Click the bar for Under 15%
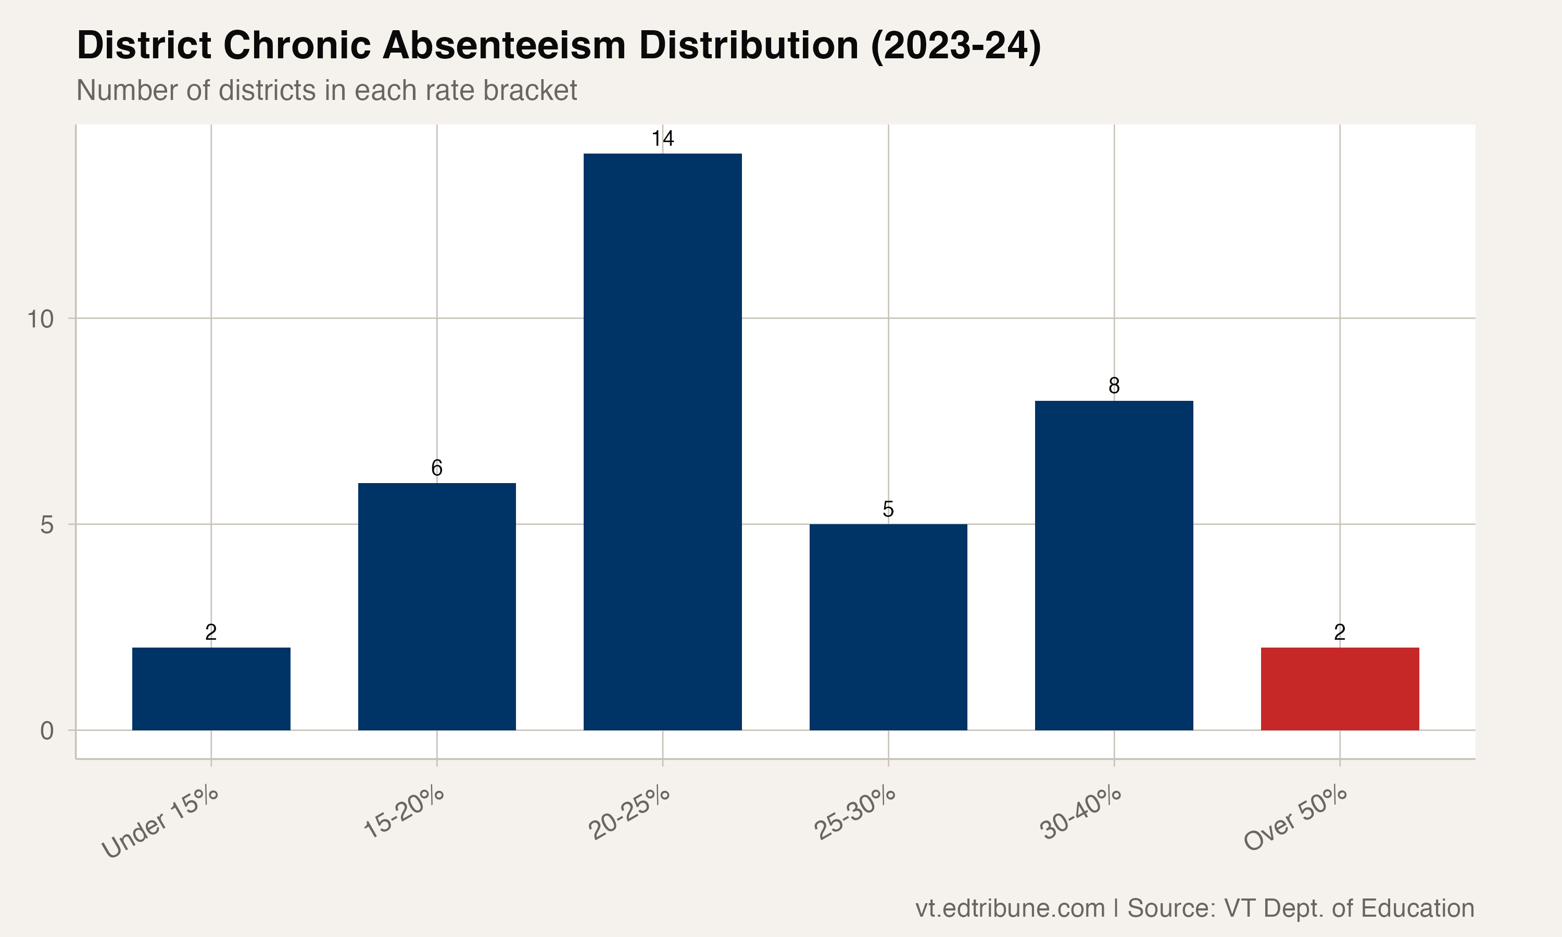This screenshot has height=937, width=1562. (211, 688)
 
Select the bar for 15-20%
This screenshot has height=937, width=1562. (436, 606)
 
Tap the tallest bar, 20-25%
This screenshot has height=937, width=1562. (662, 442)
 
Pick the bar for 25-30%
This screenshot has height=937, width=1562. (888, 627)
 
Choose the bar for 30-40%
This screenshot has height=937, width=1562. (1114, 565)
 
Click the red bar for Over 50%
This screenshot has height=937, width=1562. (1340, 688)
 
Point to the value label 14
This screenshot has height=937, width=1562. (662, 138)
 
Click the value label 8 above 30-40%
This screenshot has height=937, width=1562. (1114, 385)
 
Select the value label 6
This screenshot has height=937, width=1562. (436, 468)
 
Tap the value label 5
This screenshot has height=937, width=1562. (888, 509)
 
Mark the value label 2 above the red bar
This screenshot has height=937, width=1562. (1340, 632)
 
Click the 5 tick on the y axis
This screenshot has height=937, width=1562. (47, 525)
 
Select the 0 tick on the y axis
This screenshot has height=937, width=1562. (47, 730)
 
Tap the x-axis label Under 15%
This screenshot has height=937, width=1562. (160, 822)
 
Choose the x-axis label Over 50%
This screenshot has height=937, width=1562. (1295, 819)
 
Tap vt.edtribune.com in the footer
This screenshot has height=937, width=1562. (1010, 908)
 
